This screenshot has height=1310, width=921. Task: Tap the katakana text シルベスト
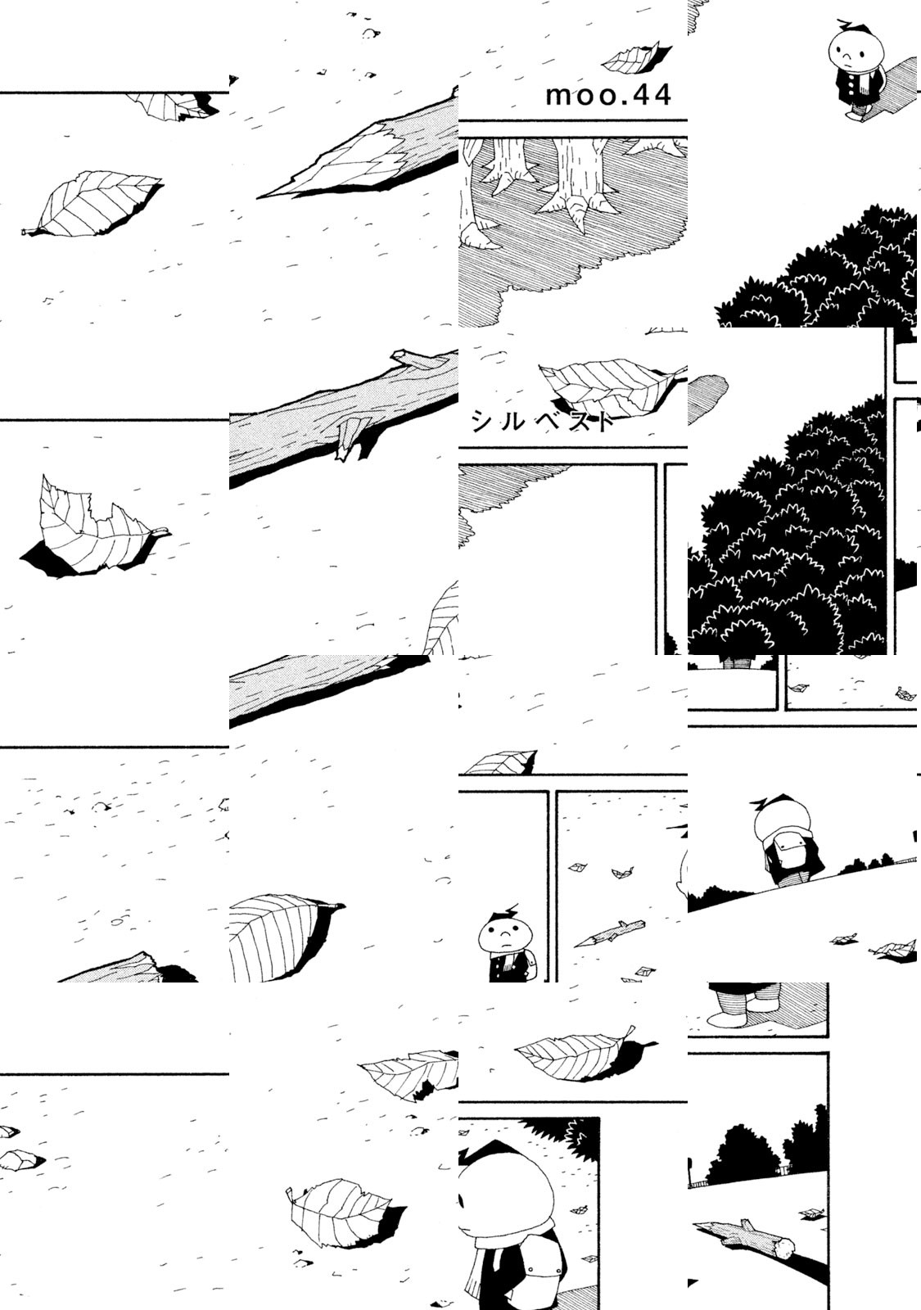coord(544,421)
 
